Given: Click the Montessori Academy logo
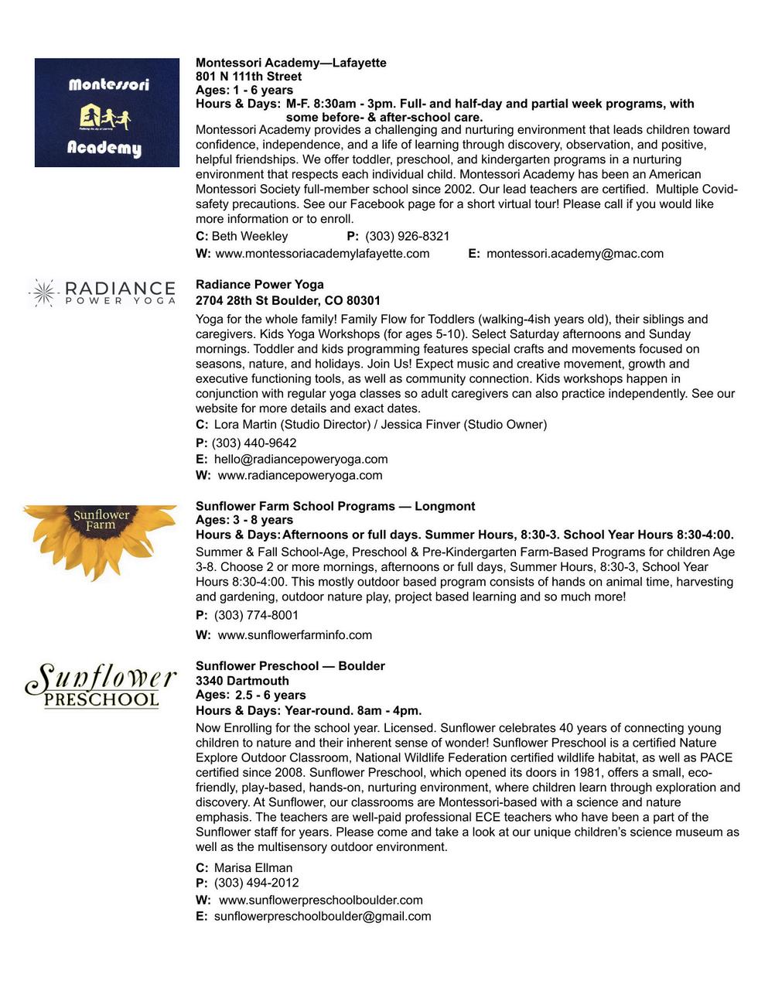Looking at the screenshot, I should coord(107,113).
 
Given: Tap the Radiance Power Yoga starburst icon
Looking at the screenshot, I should coord(43,293).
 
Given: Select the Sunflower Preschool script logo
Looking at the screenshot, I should coord(101,685).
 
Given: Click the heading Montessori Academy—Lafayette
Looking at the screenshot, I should coord(291,63).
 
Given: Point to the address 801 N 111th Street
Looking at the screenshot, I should coord(248,77).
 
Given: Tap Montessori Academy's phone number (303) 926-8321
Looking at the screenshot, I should coord(407,236).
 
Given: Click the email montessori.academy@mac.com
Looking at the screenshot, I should coord(575,253).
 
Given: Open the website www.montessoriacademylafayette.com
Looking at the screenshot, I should coord(322,253).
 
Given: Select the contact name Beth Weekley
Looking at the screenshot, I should coord(250,236).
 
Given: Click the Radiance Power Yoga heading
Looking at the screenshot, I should coord(259,284).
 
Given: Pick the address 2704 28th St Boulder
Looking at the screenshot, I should coord(288,300).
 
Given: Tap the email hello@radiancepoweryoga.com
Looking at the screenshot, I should coord(301,459).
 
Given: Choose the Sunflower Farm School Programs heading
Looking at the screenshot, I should coord(335,506).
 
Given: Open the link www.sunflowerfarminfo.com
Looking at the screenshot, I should coord(295,634).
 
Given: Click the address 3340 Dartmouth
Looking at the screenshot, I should coord(242,681).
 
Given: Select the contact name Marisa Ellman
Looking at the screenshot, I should coord(253,867).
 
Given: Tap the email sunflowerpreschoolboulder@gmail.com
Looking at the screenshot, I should coord(322,916).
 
